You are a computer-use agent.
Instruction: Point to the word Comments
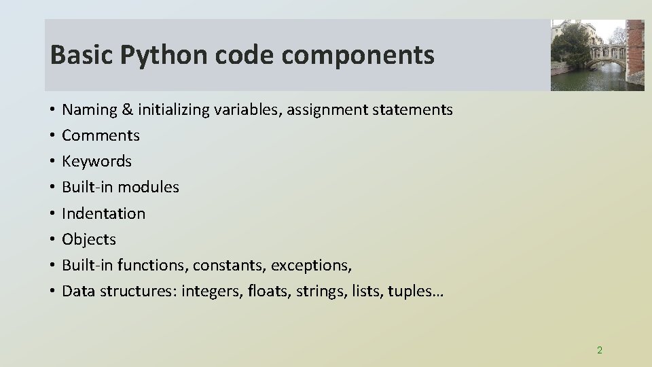click(101, 135)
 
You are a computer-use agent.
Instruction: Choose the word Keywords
click(96, 161)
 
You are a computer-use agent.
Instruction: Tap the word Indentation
click(103, 213)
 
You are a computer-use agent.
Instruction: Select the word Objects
click(89, 239)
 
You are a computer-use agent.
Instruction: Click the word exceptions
click(316, 265)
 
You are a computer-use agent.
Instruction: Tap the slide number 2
click(599, 350)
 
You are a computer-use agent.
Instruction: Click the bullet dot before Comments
click(52, 136)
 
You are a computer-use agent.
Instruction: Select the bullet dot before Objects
click(52, 240)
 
